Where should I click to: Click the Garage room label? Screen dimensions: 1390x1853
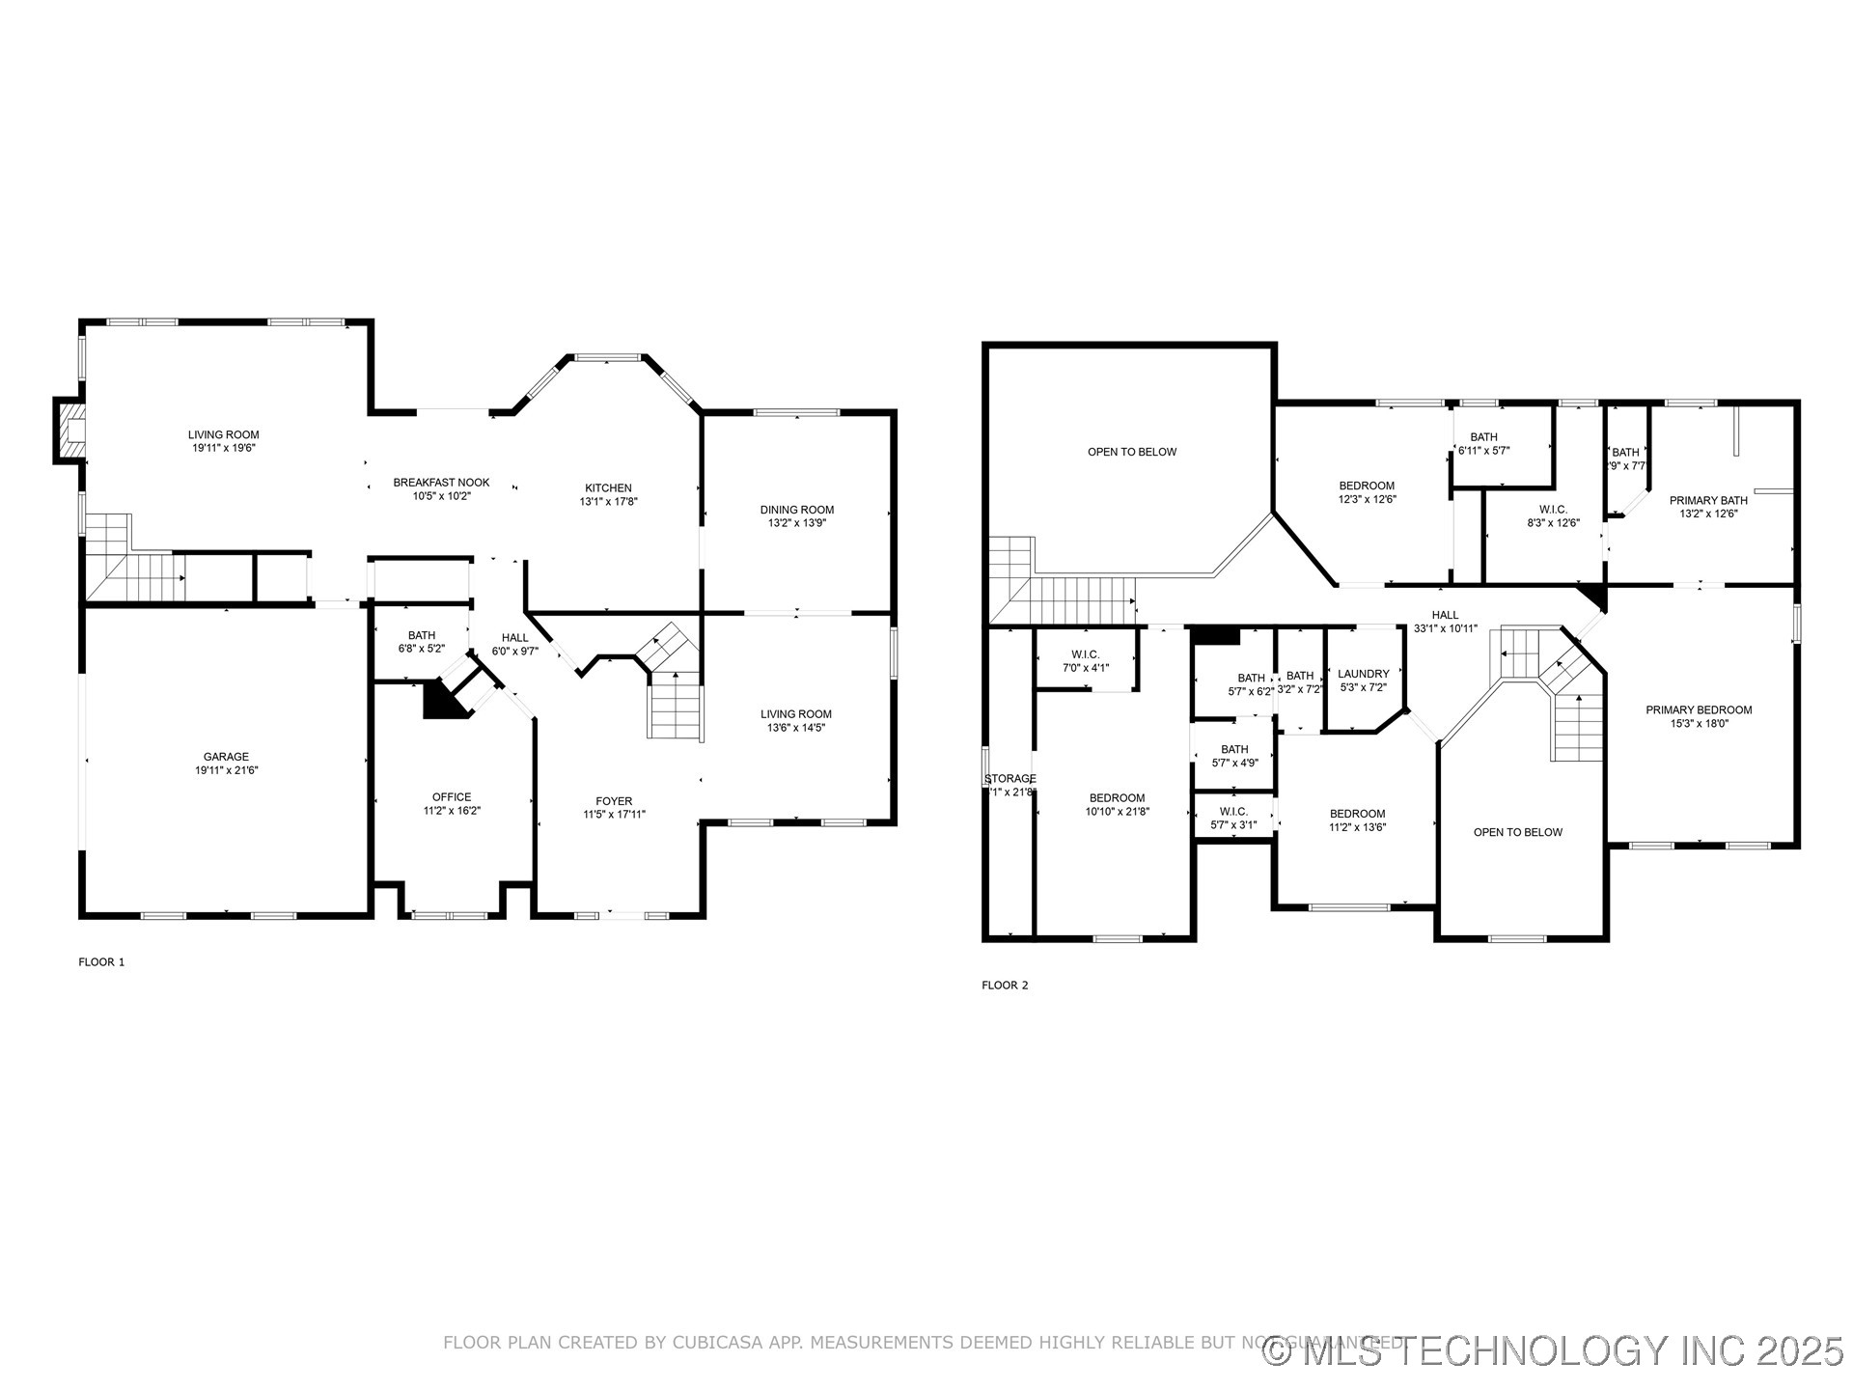[226, 757]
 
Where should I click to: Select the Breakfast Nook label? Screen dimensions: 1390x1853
[441, 483]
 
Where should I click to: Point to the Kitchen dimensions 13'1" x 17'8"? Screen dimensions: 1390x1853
[608, 502]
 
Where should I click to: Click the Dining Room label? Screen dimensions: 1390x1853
[796, 510]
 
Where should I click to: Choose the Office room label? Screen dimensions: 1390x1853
[451, 797]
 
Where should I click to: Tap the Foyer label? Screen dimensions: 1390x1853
[614, 801]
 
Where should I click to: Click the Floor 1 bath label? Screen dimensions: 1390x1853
[421, 635]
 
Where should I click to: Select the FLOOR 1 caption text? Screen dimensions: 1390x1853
[101, 962]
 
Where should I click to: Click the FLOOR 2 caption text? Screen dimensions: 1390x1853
[1005, 986]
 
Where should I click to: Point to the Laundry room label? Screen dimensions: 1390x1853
[1363, 674]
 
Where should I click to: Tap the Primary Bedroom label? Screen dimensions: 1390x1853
[1699, 710]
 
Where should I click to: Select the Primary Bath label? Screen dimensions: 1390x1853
[1708, 500]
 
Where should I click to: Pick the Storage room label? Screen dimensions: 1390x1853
[1009, 779]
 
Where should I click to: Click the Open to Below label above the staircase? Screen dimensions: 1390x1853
[1131, 452]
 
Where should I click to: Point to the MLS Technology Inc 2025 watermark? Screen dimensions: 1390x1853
[1554, 1350]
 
